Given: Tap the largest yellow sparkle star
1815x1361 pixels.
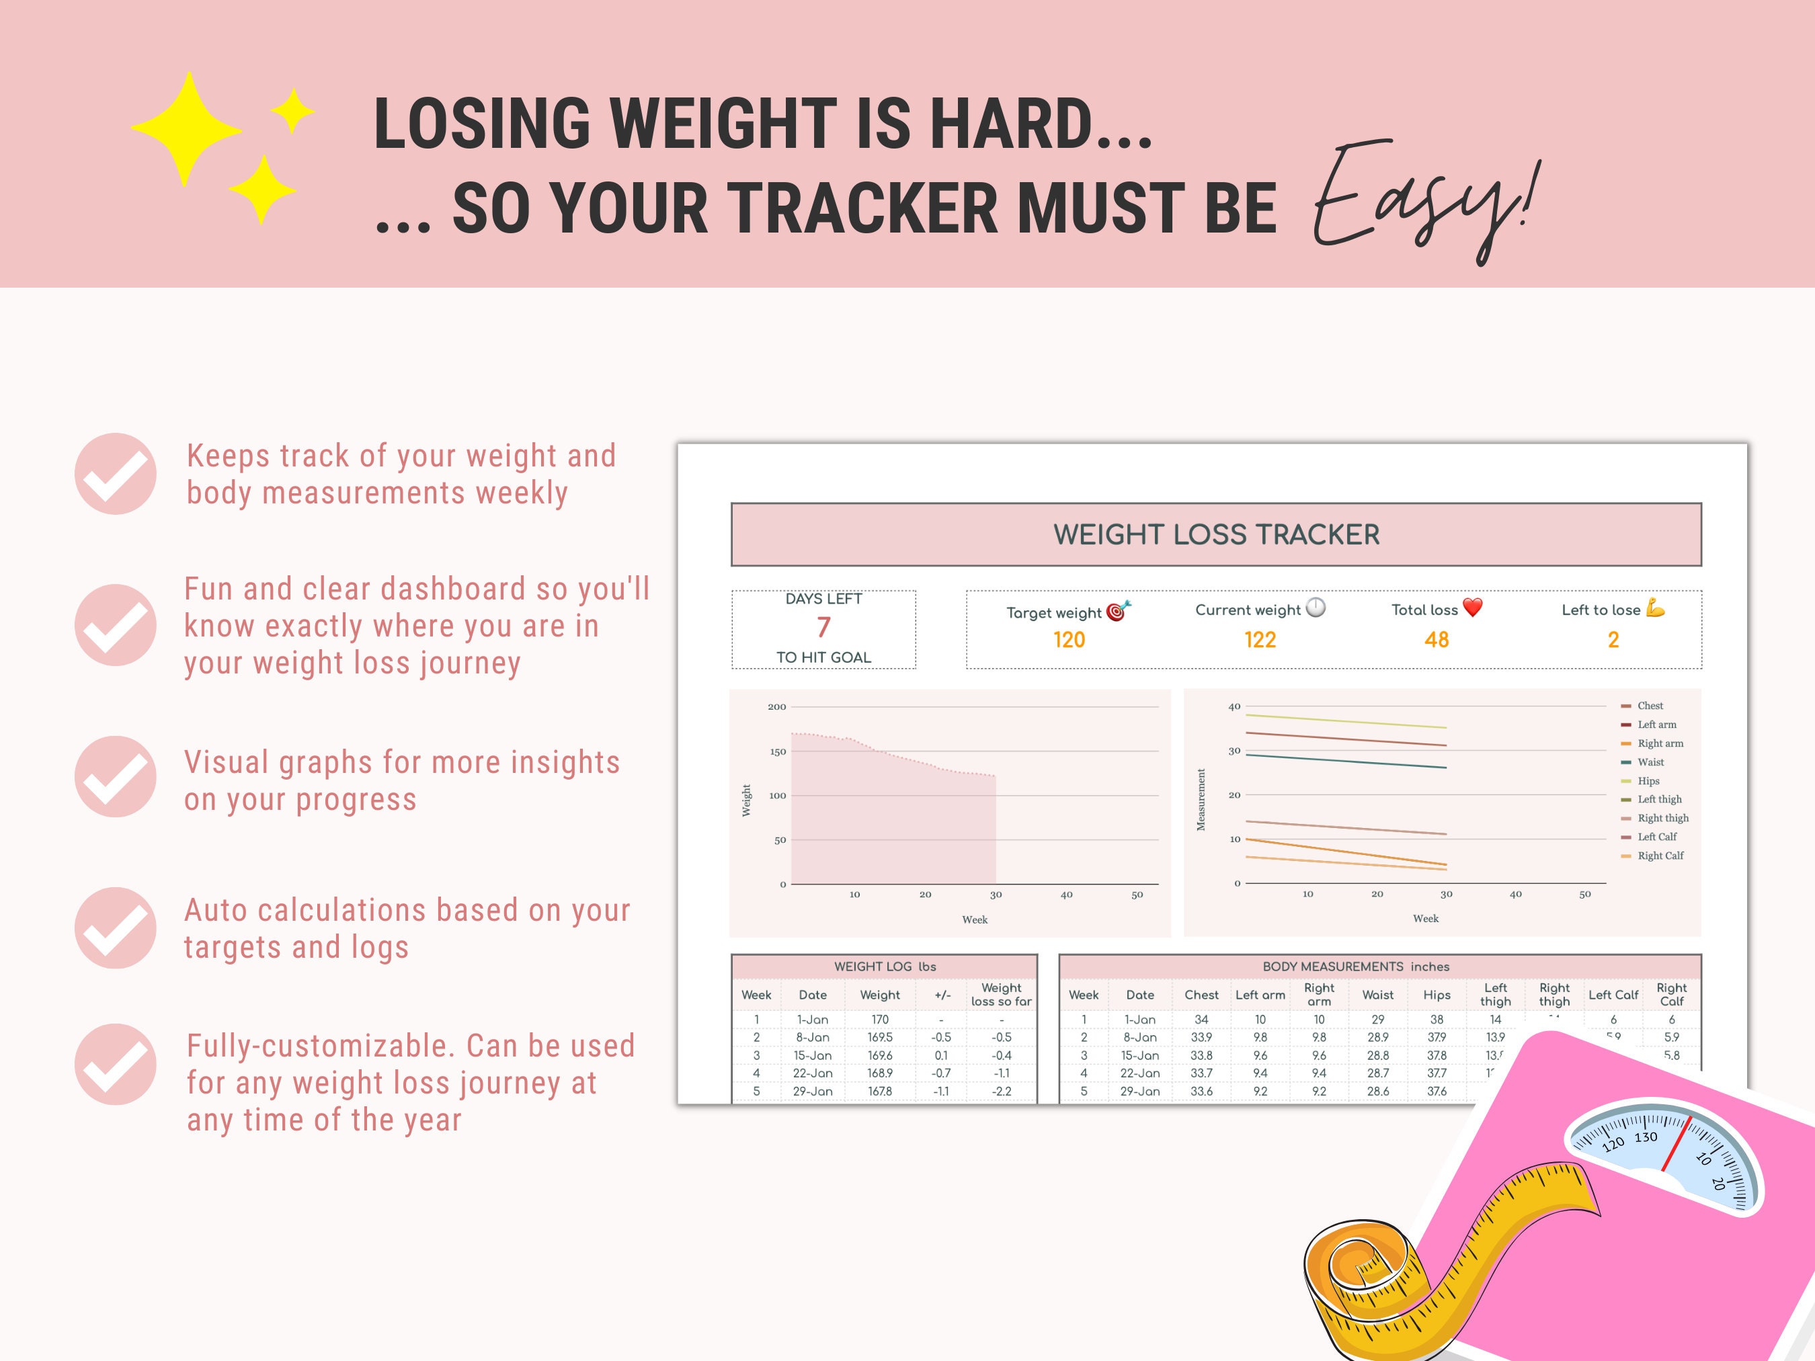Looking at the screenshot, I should click(x=187, y=129).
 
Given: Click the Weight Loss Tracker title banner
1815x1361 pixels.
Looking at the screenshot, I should click(x=1216, y=534).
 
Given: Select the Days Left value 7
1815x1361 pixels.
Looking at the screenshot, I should click(x=823, y=628).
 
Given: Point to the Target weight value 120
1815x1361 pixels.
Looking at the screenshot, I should click(x=1068, y=640).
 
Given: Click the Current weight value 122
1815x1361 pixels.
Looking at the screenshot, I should click(x=1260, y=640).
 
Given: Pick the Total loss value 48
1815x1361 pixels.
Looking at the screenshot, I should click(x=1436, y=640).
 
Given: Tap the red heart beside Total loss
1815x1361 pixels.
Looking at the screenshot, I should click(x=1473, y=608).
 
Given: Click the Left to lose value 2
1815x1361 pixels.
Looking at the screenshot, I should click(x=1613, y=640).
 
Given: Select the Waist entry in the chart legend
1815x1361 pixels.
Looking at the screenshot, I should click(x=1650, y=762).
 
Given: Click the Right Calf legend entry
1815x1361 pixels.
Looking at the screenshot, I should click(x=1660, y=856).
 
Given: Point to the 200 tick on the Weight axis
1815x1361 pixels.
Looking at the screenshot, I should click(x=776, y=706).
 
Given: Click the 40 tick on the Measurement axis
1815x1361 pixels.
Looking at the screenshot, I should click(x=1234, y=706).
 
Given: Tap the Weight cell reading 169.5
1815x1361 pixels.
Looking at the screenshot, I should click(x=879, y=1038).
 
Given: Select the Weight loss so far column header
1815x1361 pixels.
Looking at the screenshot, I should click(x=1001, y=994).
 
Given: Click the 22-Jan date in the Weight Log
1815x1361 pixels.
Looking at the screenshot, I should click(x=812, y=1073).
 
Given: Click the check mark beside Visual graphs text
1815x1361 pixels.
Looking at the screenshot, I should click(x=116, y=777).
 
